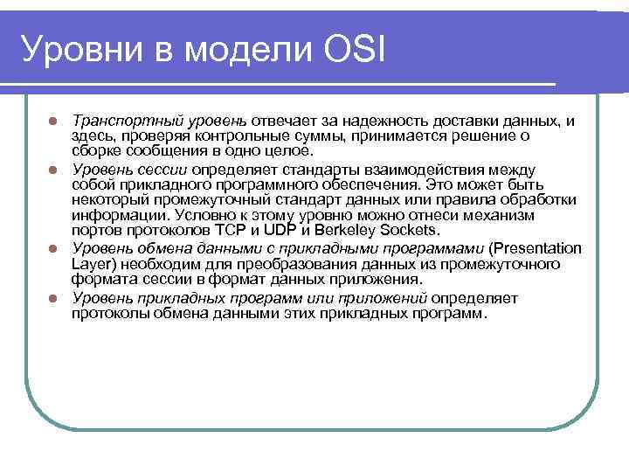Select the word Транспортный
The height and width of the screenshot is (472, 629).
point(117,120)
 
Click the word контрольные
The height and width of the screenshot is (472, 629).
point(240,135)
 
